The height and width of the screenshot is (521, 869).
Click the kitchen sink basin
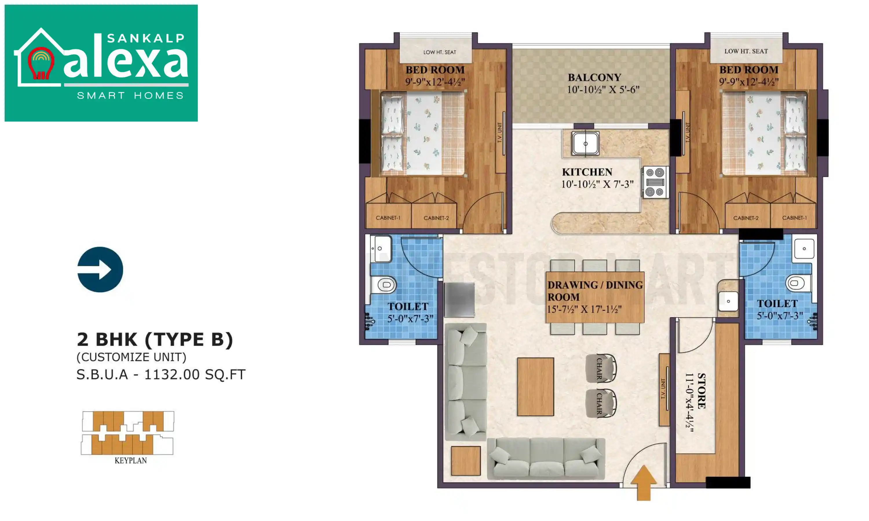click(585, 143)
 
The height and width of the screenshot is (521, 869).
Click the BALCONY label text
click(594, 78)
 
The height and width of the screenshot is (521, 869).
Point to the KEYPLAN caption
click(131, 461)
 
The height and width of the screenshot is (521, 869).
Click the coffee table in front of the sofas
click(535, 386)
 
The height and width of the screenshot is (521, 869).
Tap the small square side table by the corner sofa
click(466, 461)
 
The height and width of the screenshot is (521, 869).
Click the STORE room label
click(701, 391)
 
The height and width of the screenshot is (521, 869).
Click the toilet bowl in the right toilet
click(797, 283)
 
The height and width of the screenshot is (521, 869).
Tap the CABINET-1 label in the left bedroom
click(388, 218)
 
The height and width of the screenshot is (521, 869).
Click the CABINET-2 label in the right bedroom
click(746, 218)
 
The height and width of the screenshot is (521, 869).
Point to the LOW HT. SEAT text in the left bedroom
click(439, 52)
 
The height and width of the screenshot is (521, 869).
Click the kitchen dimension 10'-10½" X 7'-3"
click(597, 184)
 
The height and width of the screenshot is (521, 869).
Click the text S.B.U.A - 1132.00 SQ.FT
click(161, 375)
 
